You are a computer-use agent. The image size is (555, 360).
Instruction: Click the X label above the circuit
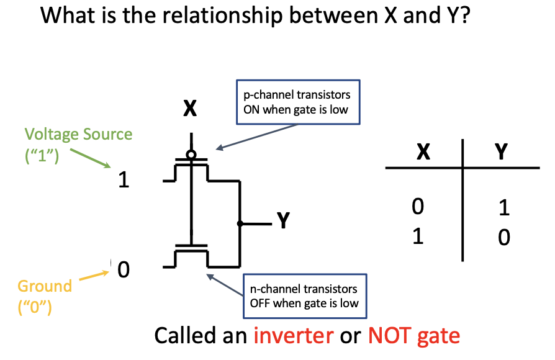point(190,109)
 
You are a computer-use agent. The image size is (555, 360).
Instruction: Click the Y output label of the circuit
point(283,221)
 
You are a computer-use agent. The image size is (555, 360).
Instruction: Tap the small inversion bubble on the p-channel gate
point(191,154)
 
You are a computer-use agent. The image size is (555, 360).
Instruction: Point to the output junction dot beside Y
point(240,223)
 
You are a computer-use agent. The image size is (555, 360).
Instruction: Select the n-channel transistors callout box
point(302,296)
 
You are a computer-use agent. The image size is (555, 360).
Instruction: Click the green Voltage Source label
point(78,135)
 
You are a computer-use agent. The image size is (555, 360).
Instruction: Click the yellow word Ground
point(45,287)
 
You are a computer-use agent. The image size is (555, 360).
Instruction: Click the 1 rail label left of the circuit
point(124,180)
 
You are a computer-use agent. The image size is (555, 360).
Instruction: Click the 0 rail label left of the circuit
point(124,271)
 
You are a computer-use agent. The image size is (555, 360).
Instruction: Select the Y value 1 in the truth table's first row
point(503,207)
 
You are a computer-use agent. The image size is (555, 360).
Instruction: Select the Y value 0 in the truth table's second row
point(503,238)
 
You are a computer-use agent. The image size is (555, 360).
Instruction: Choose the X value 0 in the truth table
point(418,206)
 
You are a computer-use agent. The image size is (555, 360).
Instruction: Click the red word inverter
point(292,336)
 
